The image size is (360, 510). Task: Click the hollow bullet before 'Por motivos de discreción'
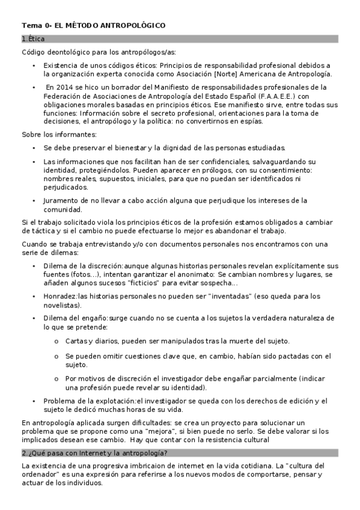(x=56, y=379)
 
